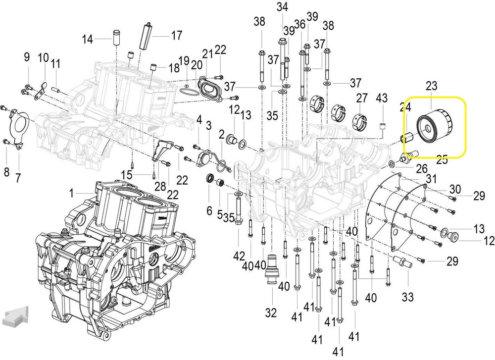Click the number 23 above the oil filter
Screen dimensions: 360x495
click(x=432, y=86)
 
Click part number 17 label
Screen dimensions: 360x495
click(x=177, y=36)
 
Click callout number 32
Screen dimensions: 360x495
click(x=271, y=312)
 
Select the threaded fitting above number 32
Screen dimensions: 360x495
click(x=271, y=267)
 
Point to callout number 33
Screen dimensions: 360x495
click(x=407, y=297)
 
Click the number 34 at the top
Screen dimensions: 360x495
click(x=282, y=7)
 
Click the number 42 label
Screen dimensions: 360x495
click(x=240, y=256)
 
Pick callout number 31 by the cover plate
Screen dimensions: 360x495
click(x=431, y=179)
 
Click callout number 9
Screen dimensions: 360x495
click(x=27, y=57)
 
